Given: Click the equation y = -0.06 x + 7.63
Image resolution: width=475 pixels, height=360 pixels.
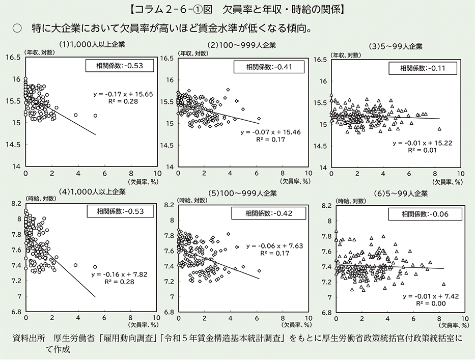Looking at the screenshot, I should coord(274,245).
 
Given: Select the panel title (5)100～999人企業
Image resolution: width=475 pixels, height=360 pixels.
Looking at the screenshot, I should coord(242,193).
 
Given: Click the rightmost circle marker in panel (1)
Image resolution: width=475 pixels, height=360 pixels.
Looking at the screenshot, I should coord(95,116).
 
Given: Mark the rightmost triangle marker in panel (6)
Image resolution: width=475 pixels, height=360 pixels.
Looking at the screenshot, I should coord(444,284).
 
